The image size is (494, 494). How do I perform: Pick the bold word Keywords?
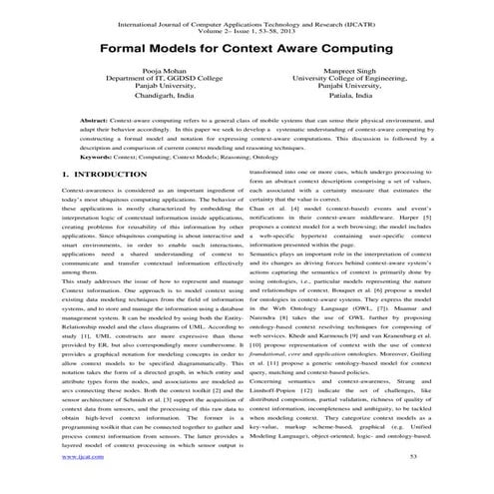(x=99, y=184)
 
